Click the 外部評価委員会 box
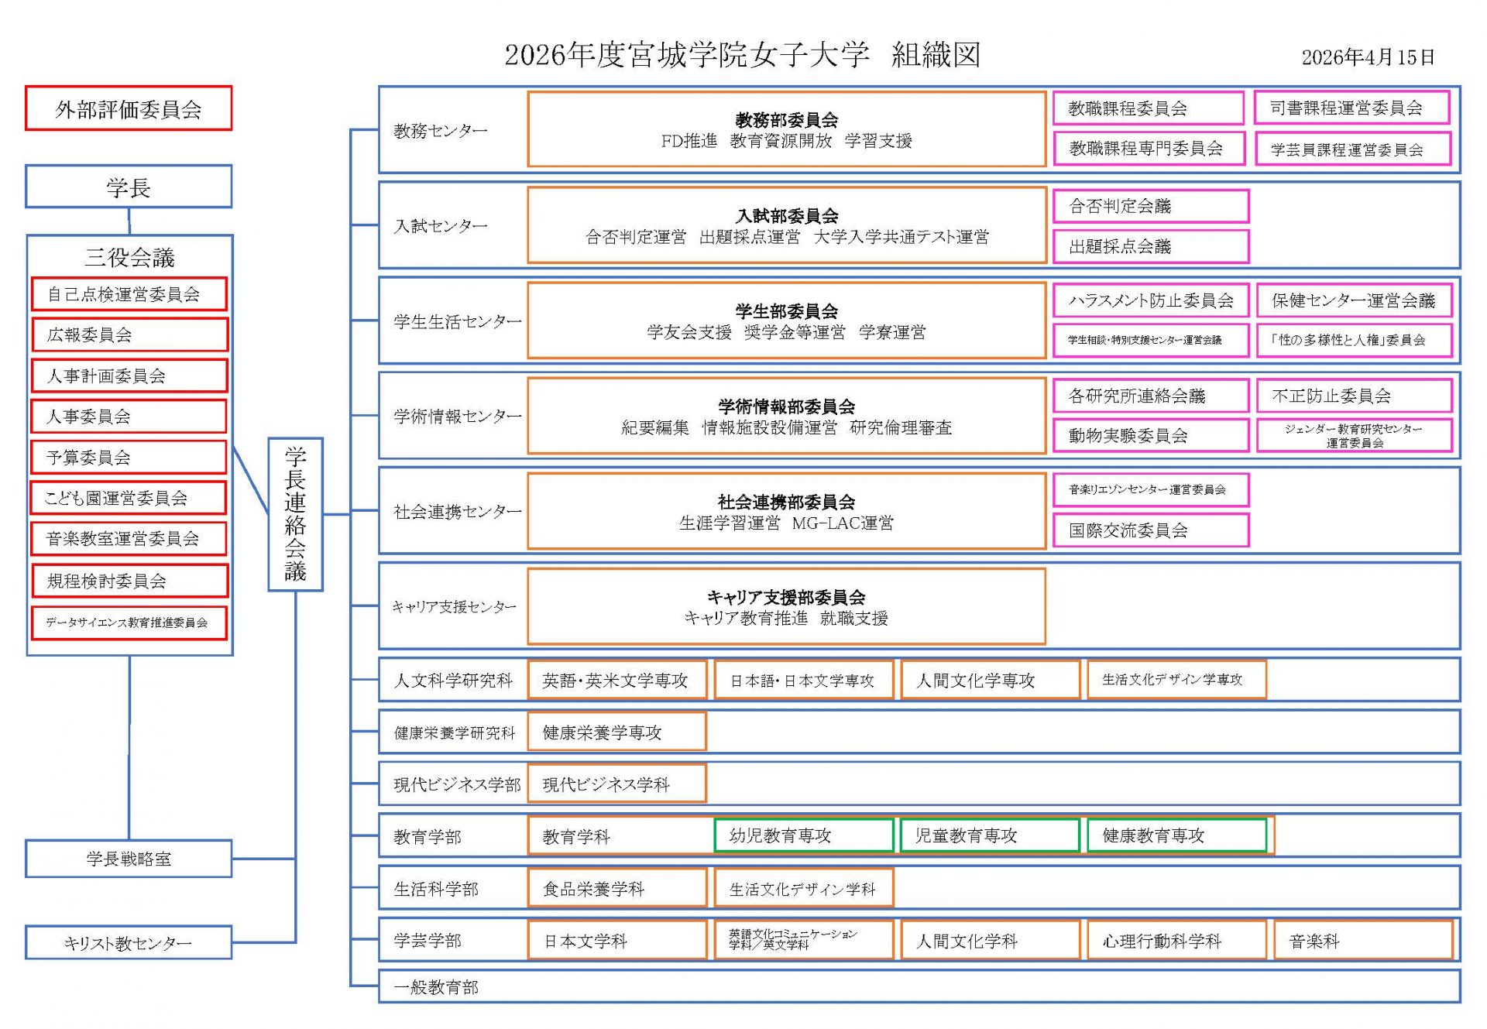click(x=129, y=108)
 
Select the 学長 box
click(x=129, y=187)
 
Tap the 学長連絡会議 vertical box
click(x=295, y=514)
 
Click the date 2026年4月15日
click(x=1368, y=57)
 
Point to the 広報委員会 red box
click(x=129, y=334)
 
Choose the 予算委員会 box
click(x=129, y=457)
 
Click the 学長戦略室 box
click(x=129, y=859)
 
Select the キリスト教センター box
click(x=129, y=943)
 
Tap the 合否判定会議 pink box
click(x=1150, y=206)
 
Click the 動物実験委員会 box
click(x=1150, y=436)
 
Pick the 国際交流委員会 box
click(x=1150, y=530)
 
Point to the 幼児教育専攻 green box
click(x=803, y=835)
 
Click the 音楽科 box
click(x=1362, y=941)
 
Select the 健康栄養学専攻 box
click(x=616, y=732)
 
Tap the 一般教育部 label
click(x=436, y=987)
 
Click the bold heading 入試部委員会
click(x=787, y=216)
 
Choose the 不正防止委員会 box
click(x=1353, y=396)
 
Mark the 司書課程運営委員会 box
click(x=1351, y=108)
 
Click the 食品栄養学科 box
click(x=616, y=888)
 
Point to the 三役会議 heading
click(x=129, y=257)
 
